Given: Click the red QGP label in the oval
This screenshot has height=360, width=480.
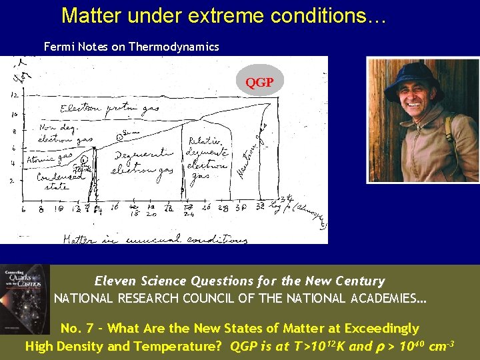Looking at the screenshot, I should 259,83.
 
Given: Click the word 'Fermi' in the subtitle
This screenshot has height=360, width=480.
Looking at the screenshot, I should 59,47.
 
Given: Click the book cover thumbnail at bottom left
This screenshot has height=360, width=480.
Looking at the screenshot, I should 25,299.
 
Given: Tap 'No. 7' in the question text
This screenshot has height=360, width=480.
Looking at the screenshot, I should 76,328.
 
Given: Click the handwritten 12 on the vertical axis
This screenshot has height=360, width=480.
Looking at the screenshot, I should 14,95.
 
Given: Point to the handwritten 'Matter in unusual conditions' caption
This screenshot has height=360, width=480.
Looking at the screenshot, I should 153,239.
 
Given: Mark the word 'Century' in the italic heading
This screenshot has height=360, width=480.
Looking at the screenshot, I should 360,281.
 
